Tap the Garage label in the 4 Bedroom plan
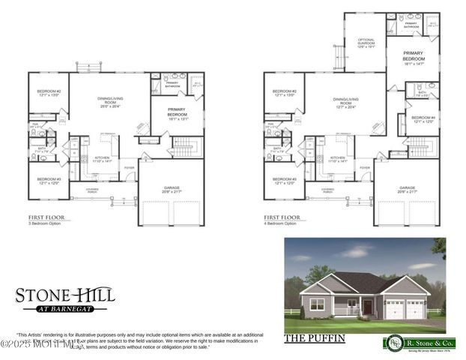tap(408, 190)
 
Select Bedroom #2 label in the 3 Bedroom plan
tap(49, 93)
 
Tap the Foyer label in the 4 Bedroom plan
tap(365, 167)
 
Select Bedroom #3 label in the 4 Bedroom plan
tap(283, 181)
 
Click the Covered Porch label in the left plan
tap(91, 190)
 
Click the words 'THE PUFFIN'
tap(315, 338)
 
